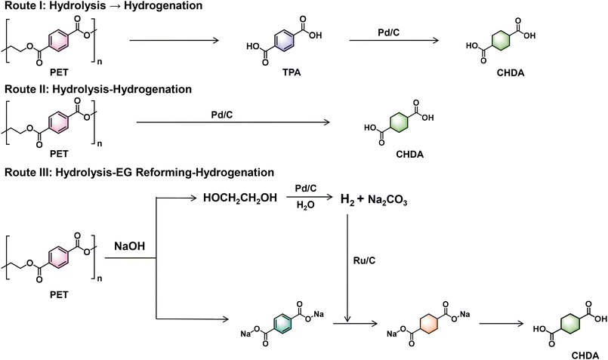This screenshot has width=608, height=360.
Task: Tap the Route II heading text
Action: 97,89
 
